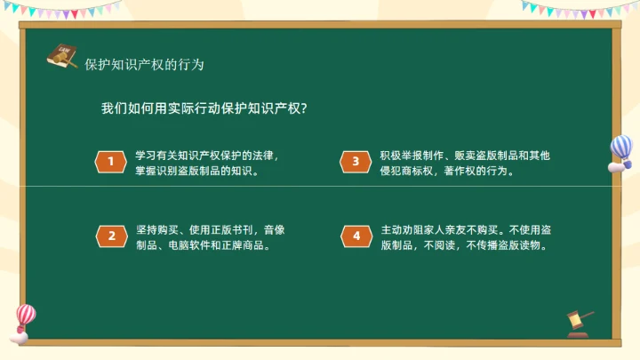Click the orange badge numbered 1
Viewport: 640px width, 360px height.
click(111, 161)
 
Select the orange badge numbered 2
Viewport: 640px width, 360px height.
click(111, 236)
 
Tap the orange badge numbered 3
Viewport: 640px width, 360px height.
click(356, 161)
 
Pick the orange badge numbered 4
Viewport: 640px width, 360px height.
click(356, 236)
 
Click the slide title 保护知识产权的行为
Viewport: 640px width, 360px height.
click(144, 65)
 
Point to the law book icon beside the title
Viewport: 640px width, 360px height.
click(61, 56)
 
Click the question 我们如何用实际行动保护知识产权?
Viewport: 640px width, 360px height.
click(204, 108)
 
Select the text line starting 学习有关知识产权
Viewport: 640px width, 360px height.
click(206, 155)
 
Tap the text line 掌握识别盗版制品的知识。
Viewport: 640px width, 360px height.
click(196, 170)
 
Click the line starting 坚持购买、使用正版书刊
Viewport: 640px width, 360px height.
click(210, 229)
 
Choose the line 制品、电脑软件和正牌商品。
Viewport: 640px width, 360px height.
click(203, 244)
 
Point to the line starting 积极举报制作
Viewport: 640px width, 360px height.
click(465, 155)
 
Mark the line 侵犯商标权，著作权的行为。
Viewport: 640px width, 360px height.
click(447, 170)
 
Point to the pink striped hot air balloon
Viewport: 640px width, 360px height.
click(24, 319)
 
